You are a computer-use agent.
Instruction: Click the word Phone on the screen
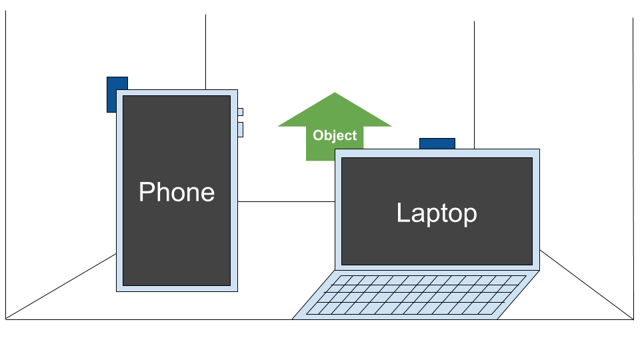(x=177, y=192)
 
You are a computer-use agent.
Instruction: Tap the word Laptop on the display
(x=437, y=213)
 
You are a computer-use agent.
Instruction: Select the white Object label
(x=335, y=135)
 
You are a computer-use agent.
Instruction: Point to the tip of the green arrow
(x=335, y=93)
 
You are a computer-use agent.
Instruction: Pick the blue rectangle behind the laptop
(x=437, y=143)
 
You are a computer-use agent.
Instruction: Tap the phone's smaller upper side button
(x=240, y=111)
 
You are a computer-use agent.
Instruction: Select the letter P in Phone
(x=146, y=192)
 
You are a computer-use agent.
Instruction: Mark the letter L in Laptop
(x=402, y=213)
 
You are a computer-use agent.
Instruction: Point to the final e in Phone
(x=207, y=193)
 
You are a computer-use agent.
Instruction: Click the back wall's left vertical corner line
(x=205, y=53)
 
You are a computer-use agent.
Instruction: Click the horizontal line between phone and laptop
(x=287, y=201)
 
